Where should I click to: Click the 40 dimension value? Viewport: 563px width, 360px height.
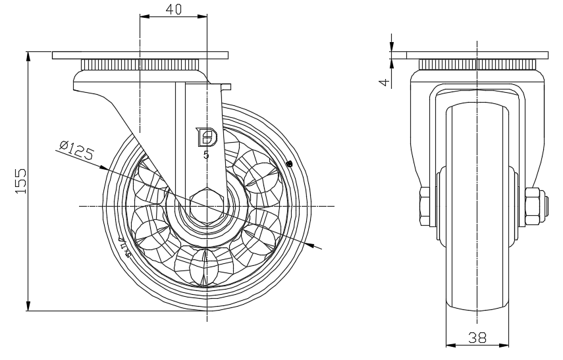tap(173, 9)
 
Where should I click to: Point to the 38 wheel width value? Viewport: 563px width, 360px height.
tap(477, 338)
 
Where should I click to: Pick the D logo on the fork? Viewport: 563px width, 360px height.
tap(207, 137)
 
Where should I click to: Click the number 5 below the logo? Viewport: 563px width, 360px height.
tap(206, 155)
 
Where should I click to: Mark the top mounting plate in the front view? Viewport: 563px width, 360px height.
tap(477, 54)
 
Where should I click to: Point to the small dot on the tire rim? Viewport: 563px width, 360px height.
tap(289, 164)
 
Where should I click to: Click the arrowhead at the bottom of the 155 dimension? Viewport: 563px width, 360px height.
tap(28, 305)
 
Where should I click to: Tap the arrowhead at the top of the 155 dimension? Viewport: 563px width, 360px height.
tap(28, 55)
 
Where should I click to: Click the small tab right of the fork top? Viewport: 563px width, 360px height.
tap(227, 86)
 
